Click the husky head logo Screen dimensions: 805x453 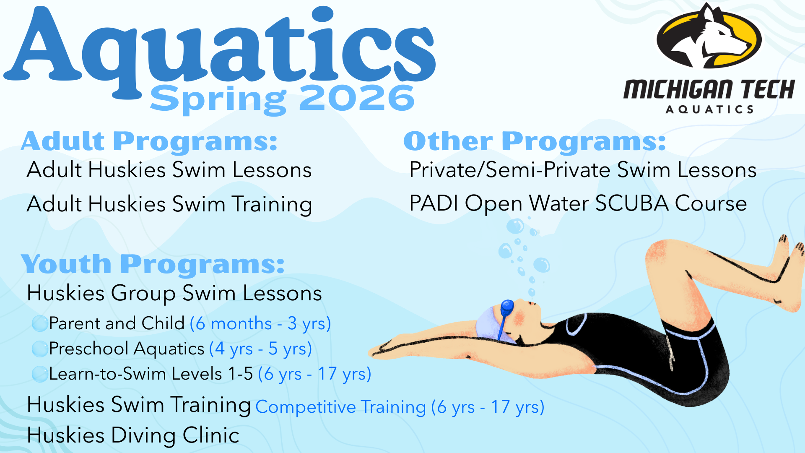[x=709, y=36]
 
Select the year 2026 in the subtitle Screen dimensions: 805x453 [x=357, y=98]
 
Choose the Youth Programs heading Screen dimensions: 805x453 [x=153, y=264]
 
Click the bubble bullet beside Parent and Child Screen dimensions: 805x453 [x=40, y=323]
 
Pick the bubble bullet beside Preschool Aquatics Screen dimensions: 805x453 [x=40, y=349]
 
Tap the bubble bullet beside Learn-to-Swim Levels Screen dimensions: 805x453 [x=40, y=374]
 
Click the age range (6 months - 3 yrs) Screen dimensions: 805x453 [x=260, y=324]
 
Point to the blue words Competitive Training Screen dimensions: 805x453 [x=340, y=407]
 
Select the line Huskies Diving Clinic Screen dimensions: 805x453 [x=133, y=435]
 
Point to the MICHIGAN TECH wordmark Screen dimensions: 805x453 [x=709, y=89]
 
